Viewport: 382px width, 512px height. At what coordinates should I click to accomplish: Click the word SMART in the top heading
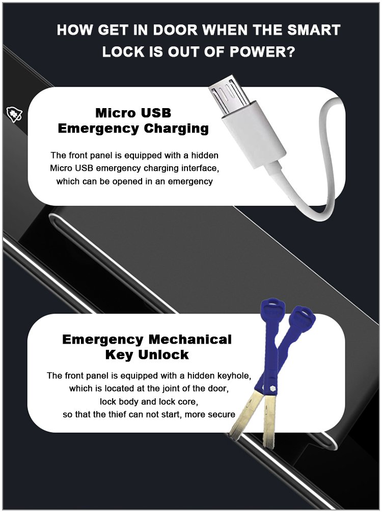click(x=313, y=30)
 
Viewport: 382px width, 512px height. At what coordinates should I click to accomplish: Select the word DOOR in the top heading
click(x=175, y=30)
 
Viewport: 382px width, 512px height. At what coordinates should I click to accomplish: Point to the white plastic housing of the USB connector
click(x=254, y=134)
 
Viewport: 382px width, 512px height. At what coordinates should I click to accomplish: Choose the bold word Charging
click(x=176, y=129)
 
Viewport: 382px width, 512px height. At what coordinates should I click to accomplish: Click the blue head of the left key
click(x=272, y=309)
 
